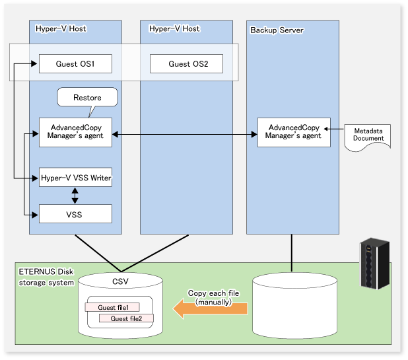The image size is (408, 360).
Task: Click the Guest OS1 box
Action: (x=75, y=64)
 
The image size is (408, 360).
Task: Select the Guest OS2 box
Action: (x=186, y=64)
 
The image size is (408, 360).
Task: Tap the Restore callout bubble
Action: (x=87, y=98)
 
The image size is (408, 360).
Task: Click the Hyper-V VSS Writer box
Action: (x=75, y=177)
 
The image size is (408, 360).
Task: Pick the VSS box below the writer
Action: (x=75, y=214)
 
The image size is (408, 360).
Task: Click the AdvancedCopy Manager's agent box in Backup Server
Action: (x=293, y=132)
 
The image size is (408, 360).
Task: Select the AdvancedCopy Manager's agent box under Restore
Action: (x=75, y=132)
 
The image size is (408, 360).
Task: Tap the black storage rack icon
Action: (x=370, y=265)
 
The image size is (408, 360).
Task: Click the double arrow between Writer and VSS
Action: (x=75, y=196)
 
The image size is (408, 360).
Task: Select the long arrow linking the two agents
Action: (x=184, y=135)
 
